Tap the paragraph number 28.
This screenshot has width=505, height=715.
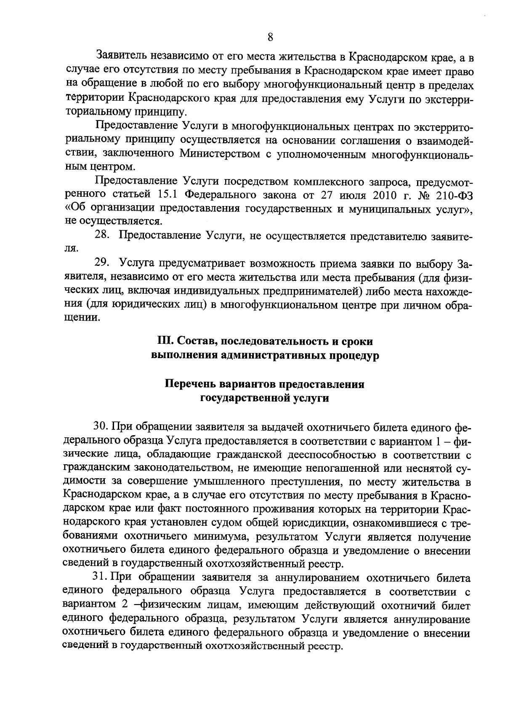pyautogui.click(x=103, y=236)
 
